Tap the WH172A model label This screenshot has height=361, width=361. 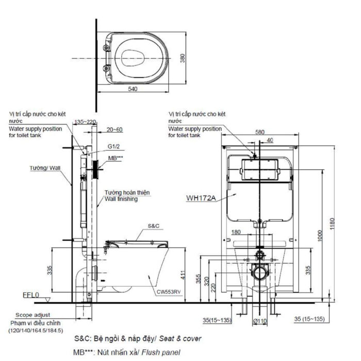pos(201,197)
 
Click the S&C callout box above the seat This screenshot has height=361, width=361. pos(154,226)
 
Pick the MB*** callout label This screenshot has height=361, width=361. pos(116,158)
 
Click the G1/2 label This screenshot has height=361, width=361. pos(114,147)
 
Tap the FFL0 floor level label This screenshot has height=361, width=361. pos(31,295)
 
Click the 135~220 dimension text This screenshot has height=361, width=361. pos(86,122)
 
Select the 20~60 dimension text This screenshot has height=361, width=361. pos(115,130)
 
